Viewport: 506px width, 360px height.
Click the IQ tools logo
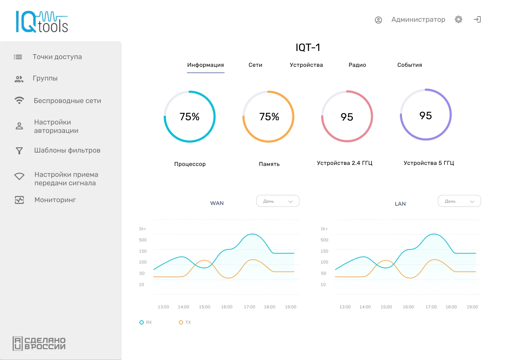pyautogui.click(x=42, y=22)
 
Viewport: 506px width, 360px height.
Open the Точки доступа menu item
pyautogui.click(x=57, y=57)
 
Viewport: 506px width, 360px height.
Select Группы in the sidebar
pyautogui.click(x=45, y=78)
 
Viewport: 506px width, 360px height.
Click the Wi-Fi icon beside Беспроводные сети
pyautogui.click(x=19, y=101)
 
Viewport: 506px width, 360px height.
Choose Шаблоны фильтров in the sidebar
pyautogui.click(x=67, y=150)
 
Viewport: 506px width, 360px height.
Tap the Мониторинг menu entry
pyautogui.click(x=55, y=200)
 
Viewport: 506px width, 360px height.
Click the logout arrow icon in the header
pyautogui.click(x=477, y=19)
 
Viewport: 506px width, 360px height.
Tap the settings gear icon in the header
pyautogui.click(x=459, y=19)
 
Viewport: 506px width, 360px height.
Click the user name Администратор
pyautogui.click(x=418, y=20)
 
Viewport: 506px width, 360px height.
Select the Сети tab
pyautogui.click(x=255, y=65)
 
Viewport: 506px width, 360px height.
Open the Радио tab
pyautogui.click(x=357, y=65)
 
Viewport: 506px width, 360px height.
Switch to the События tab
pyautogui.click(x=410, y=65)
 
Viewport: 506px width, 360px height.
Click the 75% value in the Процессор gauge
pyautogui.click(x=189, y=117)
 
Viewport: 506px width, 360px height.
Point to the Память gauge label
pyautogui.click(x=269, y=164)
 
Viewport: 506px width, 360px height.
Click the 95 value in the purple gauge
pyautogui.click(x=426, y=116)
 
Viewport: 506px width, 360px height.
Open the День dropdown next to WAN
pyautogui.click(x=278, y=201)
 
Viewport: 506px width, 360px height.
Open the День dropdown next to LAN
pyautogui.click(x=459, y=201)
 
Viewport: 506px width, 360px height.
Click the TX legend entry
pyautogui.click(x=185, y=322)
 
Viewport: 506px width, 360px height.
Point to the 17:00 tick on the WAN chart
pyautogui.click(x=249, y=307)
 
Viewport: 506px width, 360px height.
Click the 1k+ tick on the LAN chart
pyautogui.click(x=324, y=229)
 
